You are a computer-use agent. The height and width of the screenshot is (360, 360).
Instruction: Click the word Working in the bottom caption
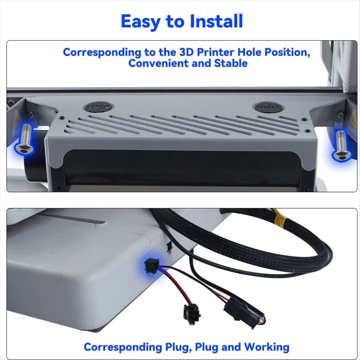point(267,347)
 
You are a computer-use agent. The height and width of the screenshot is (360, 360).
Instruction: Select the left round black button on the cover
point(99,107)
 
